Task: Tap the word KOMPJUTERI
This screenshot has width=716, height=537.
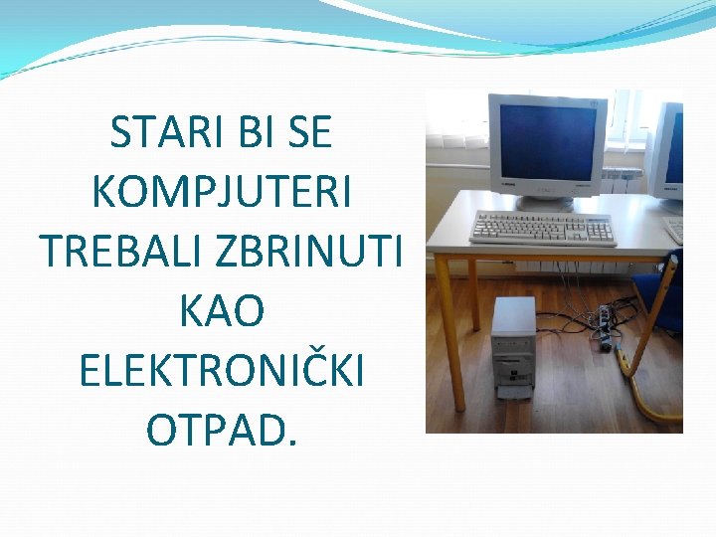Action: click(x=221, y=192)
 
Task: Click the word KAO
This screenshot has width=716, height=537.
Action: click(x=221, y=311)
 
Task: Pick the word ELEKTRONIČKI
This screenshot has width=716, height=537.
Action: click(x=221, y=370)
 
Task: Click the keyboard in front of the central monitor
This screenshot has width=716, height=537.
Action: click(x=541, y=229)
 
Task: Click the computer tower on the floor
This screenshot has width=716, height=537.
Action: click(x=513, y=348)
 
